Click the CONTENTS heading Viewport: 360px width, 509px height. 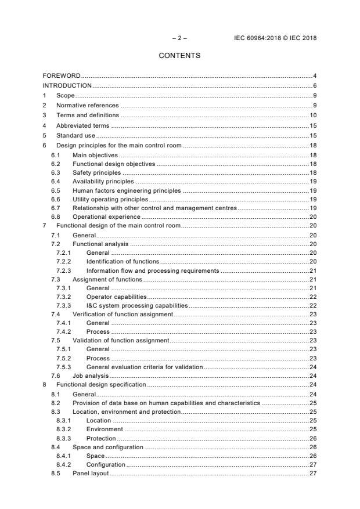(x=179, y=56)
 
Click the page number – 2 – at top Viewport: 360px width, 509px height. (x=179, y=38)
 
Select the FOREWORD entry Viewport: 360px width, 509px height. (x=61, y=76)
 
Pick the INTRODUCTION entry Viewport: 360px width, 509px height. (x=67, y=85)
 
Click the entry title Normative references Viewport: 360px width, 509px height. (x=87, y=105)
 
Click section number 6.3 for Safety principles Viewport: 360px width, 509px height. (x=56, y=172)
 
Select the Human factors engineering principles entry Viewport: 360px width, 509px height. (x=127, y=190)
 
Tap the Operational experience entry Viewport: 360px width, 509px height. (x=106, y=216)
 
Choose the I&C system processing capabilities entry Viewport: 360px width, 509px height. (x=137, y=305)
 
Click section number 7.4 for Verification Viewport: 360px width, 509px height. (x=56, y=314)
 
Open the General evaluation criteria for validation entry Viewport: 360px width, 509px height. (x=145, y=367)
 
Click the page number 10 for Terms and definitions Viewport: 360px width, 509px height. (x=312, y=115)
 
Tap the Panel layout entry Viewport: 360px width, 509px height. (x=91, y=474)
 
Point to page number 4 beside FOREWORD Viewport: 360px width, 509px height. (x=314, y=76)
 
